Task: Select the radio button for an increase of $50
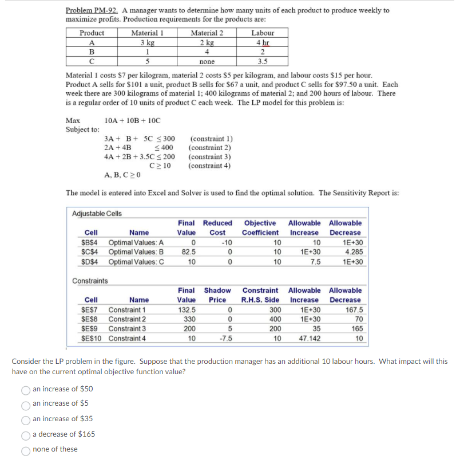pyautogui.click(x=26, y=389)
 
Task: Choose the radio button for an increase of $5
pyautogui.click(x=26, y=404)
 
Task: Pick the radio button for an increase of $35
pyautogui.click(x=26, y=419)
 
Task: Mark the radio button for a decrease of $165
pyautogui.click(x=26, y=434)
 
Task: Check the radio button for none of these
pyautogui.click(x=26, y=449)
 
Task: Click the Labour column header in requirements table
pyautogui.click(x=263, y=33)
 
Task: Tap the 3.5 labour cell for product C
pyautogui.click(x=263, y=61)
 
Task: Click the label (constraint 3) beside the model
pyautogui.click(x=210, y=156)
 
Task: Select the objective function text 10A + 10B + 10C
pyautogui.click(x=133, y=120)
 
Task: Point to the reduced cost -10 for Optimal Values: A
pyautogui.click(x=217, y=242)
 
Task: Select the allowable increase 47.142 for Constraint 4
pyautogui.click(x=307, y=339)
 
